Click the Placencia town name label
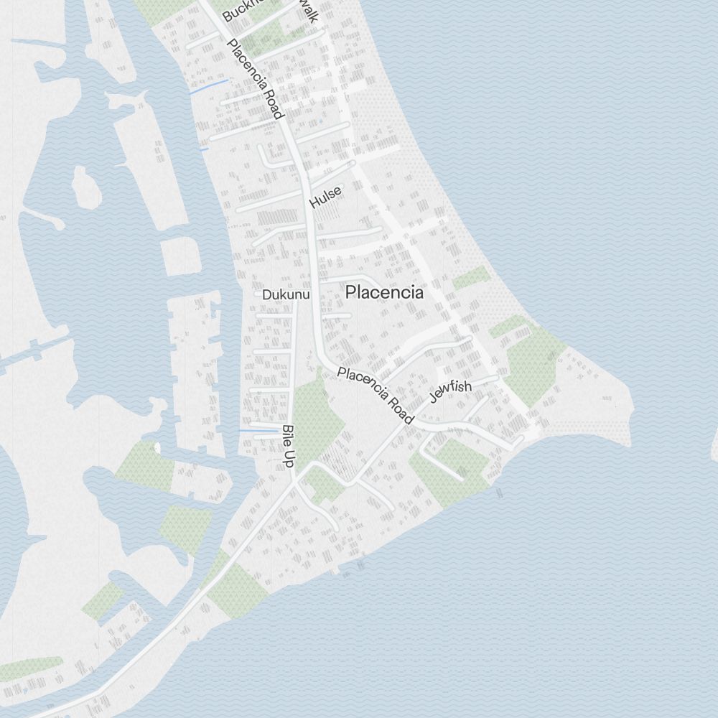[x=384, y=293]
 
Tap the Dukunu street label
[x=285, y=295]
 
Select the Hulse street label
[x=325, y=197]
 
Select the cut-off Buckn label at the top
[x=238, y=11]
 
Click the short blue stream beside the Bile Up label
[x=258, y=431]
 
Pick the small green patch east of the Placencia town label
[x=471, y=279]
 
